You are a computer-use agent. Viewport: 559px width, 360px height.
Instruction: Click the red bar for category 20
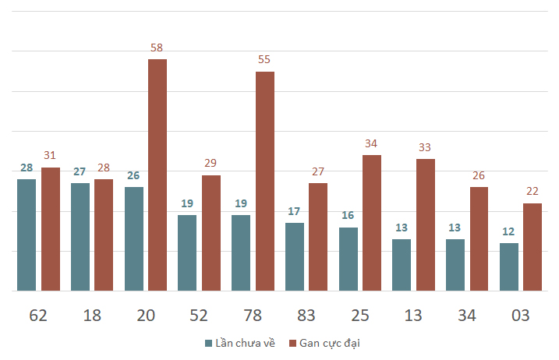click(157, 175)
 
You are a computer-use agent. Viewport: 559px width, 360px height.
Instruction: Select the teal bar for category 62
click(27, 235)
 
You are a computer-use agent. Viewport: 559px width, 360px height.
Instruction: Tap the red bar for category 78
click(265, 181)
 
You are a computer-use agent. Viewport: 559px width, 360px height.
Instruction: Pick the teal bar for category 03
click(509, 267)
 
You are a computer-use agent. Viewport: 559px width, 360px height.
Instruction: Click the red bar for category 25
click(372, 223)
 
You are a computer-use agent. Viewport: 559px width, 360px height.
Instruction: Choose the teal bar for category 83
click(295, 257)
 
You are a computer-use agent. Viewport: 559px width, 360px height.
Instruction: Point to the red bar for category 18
click(104, 235)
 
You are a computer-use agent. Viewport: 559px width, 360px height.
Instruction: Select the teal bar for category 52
click(187, 253)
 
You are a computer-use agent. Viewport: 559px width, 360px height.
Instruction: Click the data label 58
click(157, 48)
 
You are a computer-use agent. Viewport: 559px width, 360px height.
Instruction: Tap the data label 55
click(264, 59)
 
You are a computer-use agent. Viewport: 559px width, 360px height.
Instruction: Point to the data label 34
click(371, 143)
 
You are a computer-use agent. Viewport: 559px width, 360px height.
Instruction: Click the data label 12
click(508, 231)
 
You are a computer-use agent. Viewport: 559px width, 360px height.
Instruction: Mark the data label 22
click(532, 192)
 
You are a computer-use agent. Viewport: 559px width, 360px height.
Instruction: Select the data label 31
click(50, 155)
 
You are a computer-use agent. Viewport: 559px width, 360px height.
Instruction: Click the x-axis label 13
click(413, 316)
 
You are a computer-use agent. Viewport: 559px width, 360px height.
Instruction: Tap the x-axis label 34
click(467, 316)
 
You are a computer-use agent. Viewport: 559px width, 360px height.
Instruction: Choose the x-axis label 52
click(199, 316)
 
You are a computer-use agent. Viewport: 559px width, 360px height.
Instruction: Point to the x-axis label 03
click(521, 316)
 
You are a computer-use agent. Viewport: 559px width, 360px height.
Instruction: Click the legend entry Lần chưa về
click(240, 344)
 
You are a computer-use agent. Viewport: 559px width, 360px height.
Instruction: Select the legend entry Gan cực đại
click(324, 344)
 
